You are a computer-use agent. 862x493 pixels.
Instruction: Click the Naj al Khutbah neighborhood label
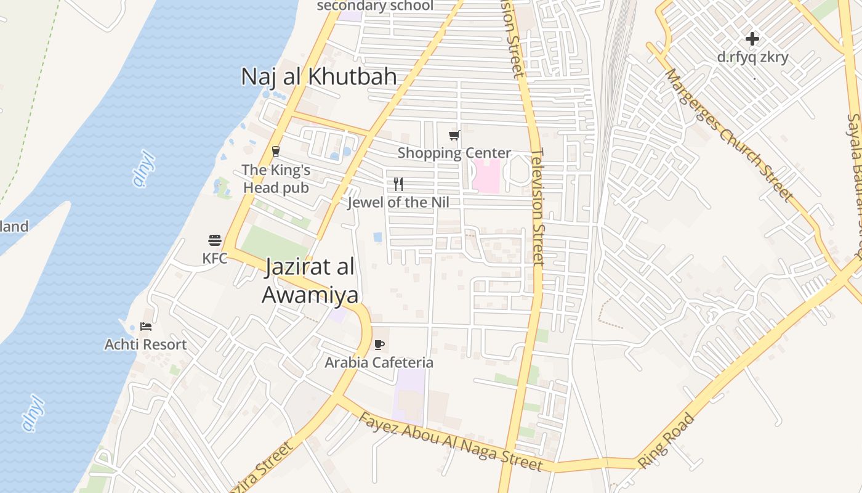pyautogui.click(x=318, y=76)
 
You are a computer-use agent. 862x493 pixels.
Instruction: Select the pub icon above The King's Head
pyautogui.click(x=276, y=151)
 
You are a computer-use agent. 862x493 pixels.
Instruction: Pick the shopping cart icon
pyautogui.click(x=454, y=135)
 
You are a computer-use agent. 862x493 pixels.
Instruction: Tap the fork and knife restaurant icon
pyautogui.click(x=398, y=184)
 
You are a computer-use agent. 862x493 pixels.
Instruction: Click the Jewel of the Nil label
pyautogui.click(x=398, y=202)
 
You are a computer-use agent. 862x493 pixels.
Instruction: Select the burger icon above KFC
pyautogui.click(x=215, y=240)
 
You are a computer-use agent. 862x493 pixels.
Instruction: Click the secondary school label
pyautogui.click(x=375, y=6)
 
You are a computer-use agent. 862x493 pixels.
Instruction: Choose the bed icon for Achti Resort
pyautogui.click(x=146, y=326)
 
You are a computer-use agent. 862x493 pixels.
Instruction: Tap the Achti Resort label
pyautogui.click(x=145, y=344)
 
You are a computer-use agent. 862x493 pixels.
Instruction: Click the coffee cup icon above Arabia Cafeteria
pyautogui.click(x=379, y=344)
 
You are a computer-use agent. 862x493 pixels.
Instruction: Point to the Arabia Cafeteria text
pyautogui.click(x=379, y=362)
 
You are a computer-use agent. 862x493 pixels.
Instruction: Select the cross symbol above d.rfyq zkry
pyautogui.click(x=752, y=39)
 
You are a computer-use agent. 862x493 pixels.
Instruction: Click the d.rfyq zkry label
pyautogui.click(x=752, y=57)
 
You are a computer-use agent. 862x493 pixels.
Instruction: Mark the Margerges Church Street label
pyautogui.click(x=728, y=134)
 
